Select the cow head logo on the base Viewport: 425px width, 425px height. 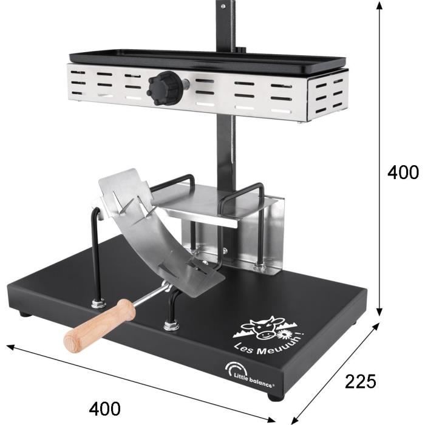[x=262, y=328]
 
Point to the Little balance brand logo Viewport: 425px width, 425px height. [x=252, y=372]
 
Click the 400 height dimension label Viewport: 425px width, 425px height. [x=403, y=173]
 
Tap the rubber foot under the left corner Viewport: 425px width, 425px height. [x=24, y=314]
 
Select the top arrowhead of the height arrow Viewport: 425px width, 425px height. [x=381, y=5]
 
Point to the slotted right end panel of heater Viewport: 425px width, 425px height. [x=328, y=94]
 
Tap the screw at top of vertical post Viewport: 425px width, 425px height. [x=223, y=6]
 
